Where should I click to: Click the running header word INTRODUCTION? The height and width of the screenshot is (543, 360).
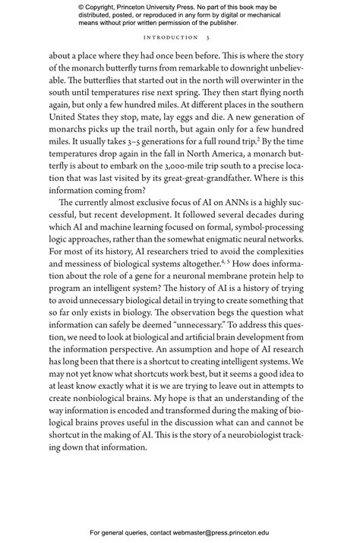pos(170,37)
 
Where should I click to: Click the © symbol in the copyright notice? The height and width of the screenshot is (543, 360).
pos(82,7)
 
